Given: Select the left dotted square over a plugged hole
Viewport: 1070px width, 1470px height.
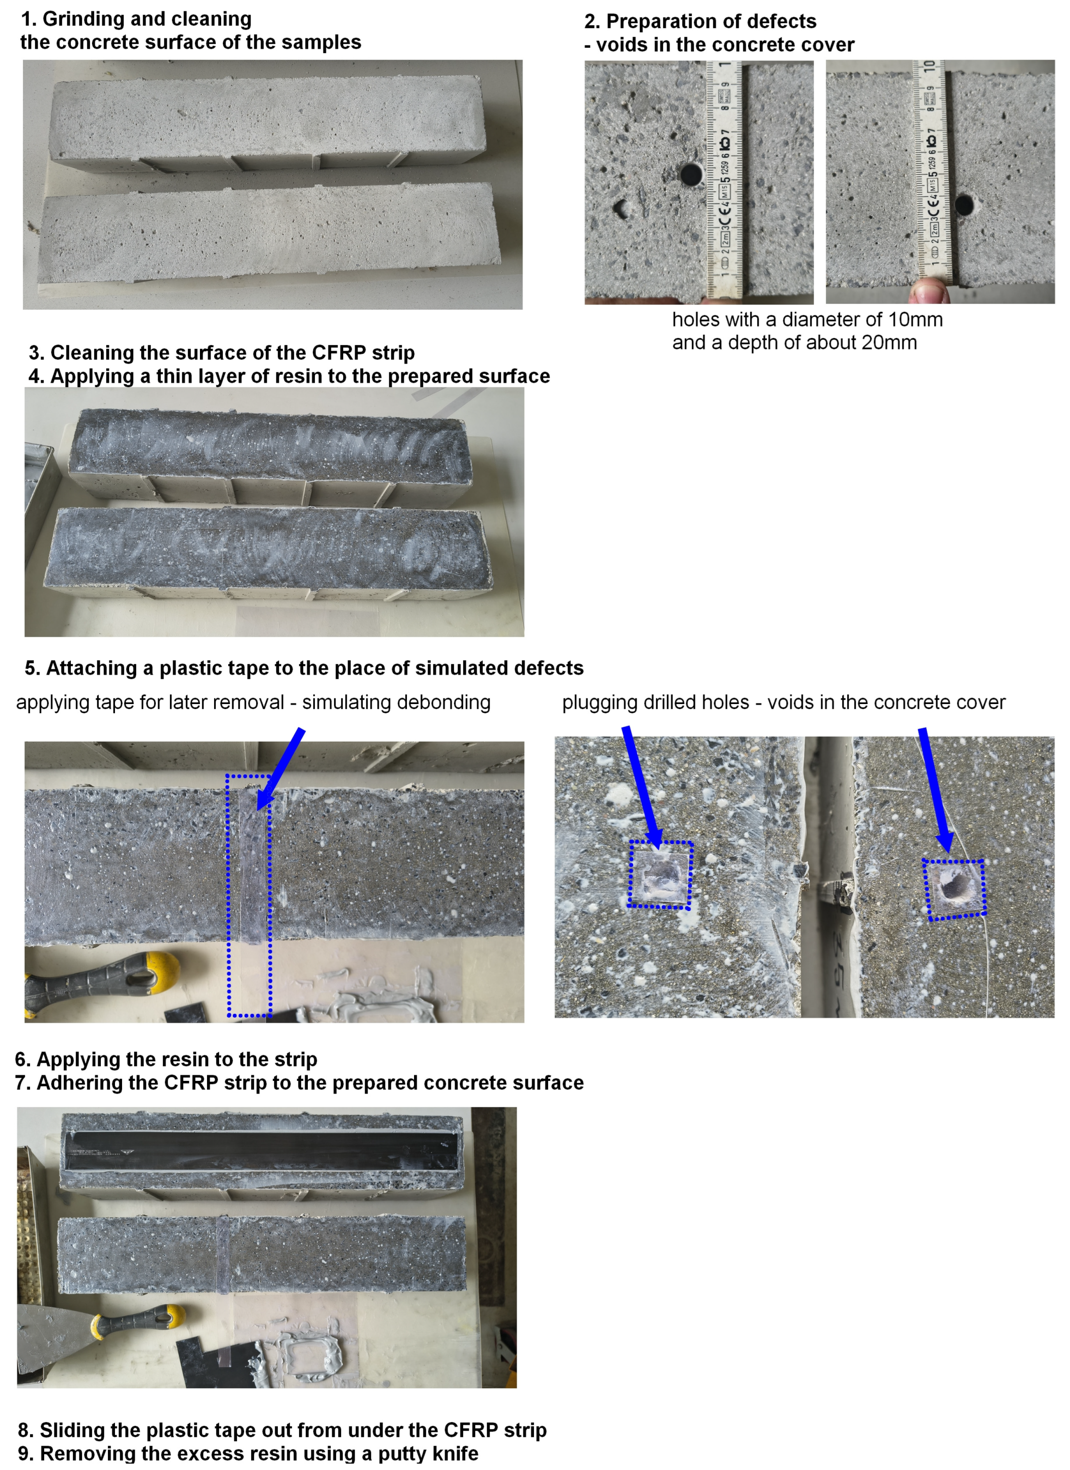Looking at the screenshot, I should (660, 875).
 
